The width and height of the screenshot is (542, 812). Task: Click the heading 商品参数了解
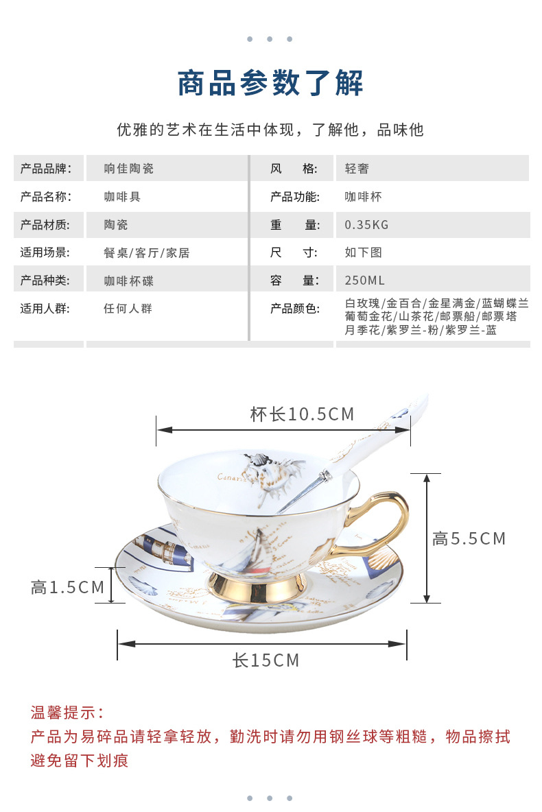(270, 84)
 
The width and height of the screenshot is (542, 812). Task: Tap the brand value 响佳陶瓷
(128, 169)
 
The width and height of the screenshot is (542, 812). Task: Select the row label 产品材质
(45, 225)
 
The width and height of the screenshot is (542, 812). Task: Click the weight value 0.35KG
(366, 225)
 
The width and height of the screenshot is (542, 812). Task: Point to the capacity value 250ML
(364, 280)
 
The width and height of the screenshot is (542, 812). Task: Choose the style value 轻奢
(357, 169)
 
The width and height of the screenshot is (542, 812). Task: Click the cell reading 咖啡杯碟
(128, 280)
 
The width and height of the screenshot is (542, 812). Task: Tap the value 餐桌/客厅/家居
(146, 253)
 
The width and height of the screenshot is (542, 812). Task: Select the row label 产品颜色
(295, 309)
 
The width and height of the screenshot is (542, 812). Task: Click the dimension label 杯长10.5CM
(302, 414)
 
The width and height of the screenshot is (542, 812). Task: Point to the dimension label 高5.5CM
(469, 539)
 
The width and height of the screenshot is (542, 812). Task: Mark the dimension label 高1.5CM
(67, 587)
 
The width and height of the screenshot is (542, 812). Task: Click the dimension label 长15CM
(266, 660)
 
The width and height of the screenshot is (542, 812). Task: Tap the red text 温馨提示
(67, 713)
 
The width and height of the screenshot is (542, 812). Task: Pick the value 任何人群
(128, 309)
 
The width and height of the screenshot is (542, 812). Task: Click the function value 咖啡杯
(363, 197)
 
